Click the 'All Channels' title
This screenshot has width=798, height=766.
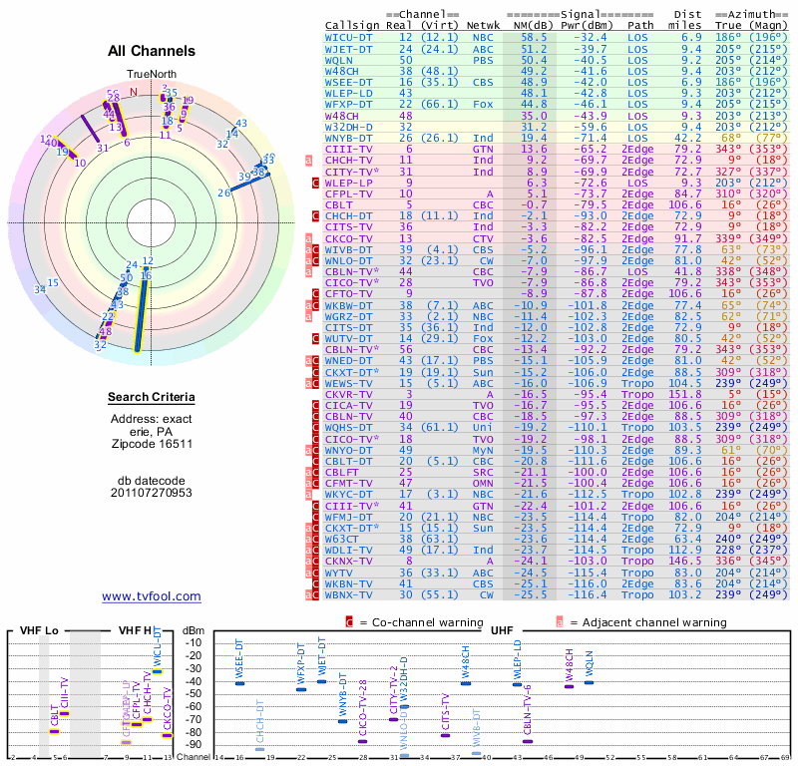coord(152,51)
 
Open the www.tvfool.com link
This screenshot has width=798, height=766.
coord(152,596)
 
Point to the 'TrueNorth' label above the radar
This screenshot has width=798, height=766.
coord(151,76)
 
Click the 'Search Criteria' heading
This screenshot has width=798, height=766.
coord(152,398)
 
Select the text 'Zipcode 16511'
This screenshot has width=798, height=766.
coord(152,443)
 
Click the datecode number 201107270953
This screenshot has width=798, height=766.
coord(152,492)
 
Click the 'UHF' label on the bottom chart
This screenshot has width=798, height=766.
coord(503,630)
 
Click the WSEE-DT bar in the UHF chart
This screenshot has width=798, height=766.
coord(239,683)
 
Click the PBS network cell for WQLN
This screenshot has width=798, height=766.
coord(482,60)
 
